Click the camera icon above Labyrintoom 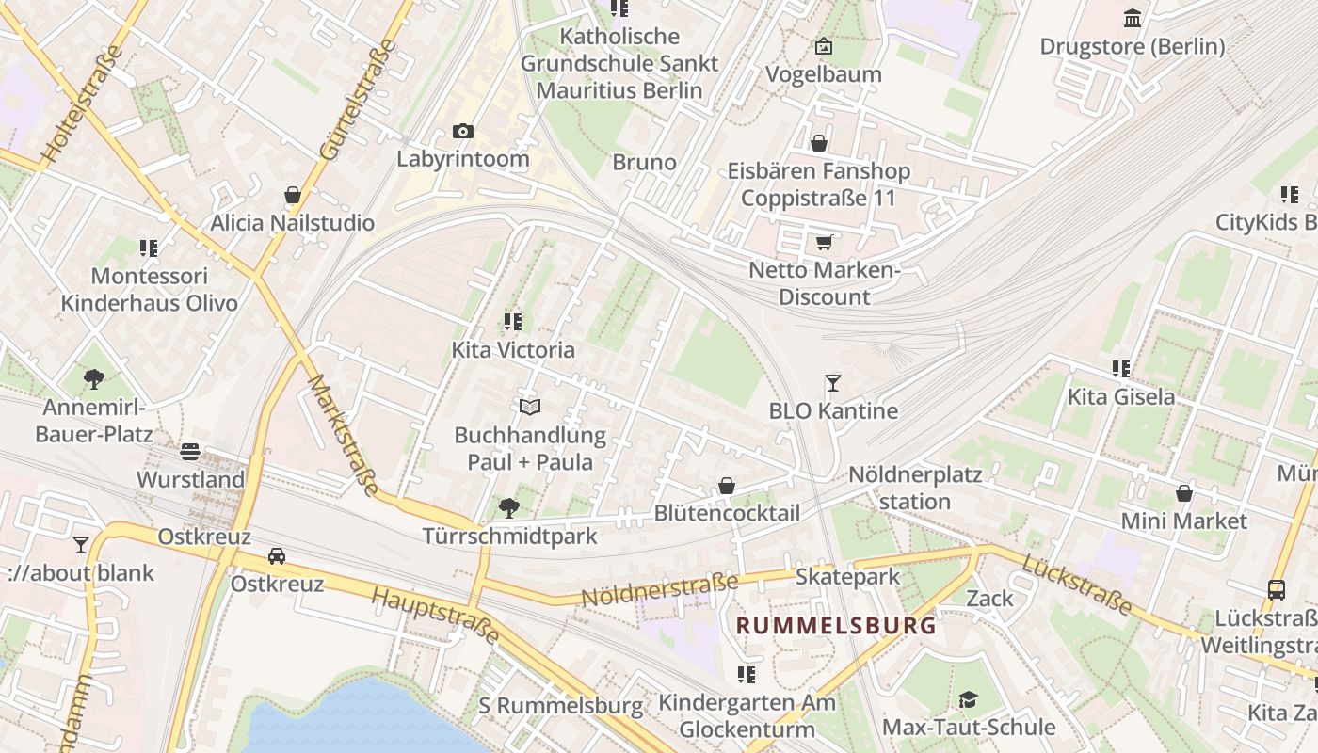462,131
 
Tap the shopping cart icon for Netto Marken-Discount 824,242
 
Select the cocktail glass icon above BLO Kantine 832,382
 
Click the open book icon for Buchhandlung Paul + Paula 530,407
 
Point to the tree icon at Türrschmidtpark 508,508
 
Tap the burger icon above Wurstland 190,451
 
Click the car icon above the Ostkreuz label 277,555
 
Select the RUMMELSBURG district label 836,625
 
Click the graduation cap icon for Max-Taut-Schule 968,699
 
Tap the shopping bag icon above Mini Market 1183,492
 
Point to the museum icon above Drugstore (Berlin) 1133,18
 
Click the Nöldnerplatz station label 915,488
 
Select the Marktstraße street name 344,435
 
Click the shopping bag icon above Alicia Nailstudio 293,195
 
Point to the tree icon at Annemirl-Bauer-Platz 93,378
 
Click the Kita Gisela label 1120,396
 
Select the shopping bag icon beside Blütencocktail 727,486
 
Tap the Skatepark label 847,576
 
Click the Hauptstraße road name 435,616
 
